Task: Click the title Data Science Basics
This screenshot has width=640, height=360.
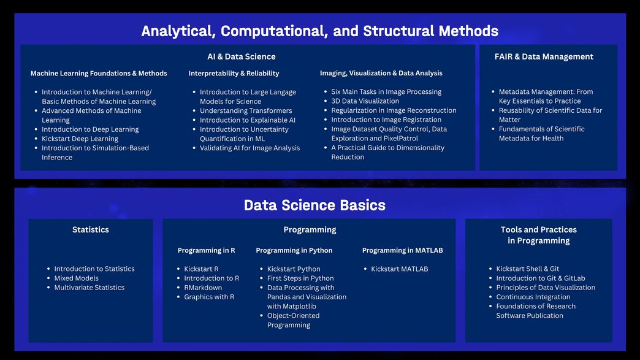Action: (x=314, y=205)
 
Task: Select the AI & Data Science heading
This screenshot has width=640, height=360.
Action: (x=241, y=57)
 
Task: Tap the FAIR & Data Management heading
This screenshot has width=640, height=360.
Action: (x=544, y=57)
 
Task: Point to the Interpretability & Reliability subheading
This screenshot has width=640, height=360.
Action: (x=234, y=74)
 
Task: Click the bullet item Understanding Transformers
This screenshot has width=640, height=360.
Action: (x=246, y=110)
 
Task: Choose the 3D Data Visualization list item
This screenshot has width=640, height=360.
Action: (x=365, y=101)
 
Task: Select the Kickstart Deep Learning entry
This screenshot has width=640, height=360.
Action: (x=80, y=139)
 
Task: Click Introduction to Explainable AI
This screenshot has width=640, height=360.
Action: (x=247, y=120)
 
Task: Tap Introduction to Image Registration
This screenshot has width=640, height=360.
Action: (x=386, y=120)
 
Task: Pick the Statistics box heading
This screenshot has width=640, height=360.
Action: (x=91, y=230)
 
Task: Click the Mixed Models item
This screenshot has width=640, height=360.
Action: (x=77, y=278)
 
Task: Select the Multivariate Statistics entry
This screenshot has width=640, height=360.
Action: (x=90, y=288)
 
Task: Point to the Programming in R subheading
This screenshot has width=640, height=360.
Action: (x=206, y=250)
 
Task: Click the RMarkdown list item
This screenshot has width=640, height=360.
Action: (x=203, y=288)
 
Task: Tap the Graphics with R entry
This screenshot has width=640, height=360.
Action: (x=209, y=297)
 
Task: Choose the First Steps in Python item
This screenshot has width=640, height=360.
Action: (x=300, y=278)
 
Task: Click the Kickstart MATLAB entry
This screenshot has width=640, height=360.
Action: (x=399, y=269)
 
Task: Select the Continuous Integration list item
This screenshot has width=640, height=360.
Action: (x=533, y=297)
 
